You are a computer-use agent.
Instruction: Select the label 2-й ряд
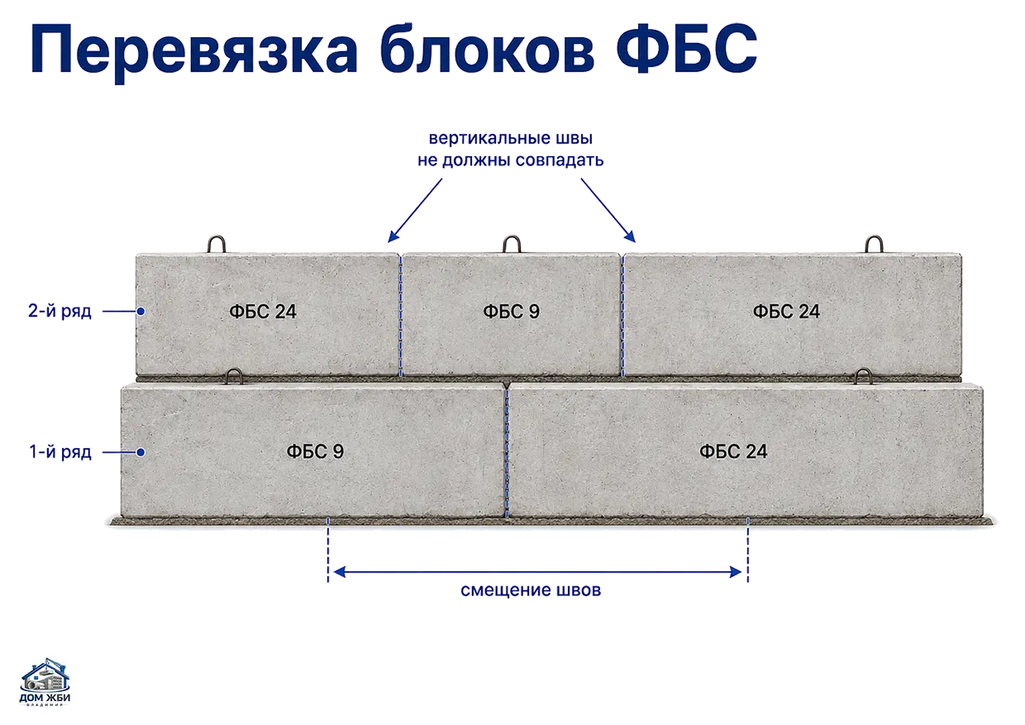coord(60,311)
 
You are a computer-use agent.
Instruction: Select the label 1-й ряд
coord(60,452)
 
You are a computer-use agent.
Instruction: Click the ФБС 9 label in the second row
coord(511,312)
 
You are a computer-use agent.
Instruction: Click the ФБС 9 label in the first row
coord(315,451)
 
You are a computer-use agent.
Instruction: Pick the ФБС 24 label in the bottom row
coord(733,451)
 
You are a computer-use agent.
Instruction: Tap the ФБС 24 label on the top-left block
coord(263,312)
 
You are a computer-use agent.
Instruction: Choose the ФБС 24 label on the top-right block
coord(786,312)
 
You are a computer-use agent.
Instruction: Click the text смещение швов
coord(531,590)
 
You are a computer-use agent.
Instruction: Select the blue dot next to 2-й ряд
coord(141,311)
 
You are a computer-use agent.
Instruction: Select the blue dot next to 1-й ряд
coord(141,452)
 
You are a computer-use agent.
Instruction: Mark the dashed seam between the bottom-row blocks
coord(507,450)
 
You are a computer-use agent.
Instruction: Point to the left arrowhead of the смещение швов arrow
coord(340,572)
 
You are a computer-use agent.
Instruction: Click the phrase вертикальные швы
coord(511,139)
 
